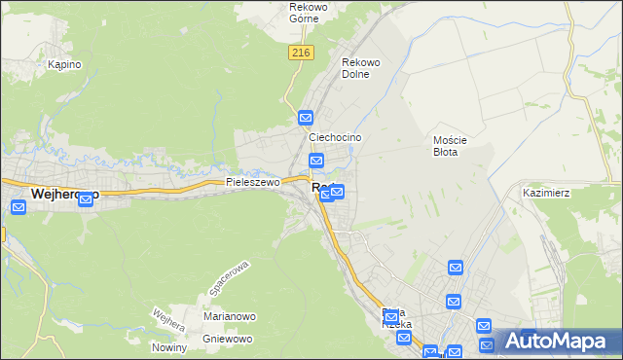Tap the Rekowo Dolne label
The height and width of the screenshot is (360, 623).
coord(360,68)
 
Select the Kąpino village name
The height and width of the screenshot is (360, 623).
coord(64,64)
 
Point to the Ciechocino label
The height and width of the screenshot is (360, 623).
coord(335,138)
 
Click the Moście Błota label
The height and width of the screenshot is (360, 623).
coord(451,145)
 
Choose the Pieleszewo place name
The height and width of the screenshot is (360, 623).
coord(252,182)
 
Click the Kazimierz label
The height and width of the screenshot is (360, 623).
coord(545,193)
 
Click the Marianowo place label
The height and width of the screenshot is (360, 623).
coord(229,316)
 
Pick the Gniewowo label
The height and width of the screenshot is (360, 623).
coord(228,339)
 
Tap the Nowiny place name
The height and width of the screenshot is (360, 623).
coord(168,348)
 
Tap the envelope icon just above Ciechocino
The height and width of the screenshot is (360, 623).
coord(306,118)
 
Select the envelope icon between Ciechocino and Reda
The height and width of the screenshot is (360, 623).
coord(316,161)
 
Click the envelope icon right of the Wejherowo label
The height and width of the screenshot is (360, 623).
coord(85,198)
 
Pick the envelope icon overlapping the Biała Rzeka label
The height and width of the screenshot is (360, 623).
coord(391,317)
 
